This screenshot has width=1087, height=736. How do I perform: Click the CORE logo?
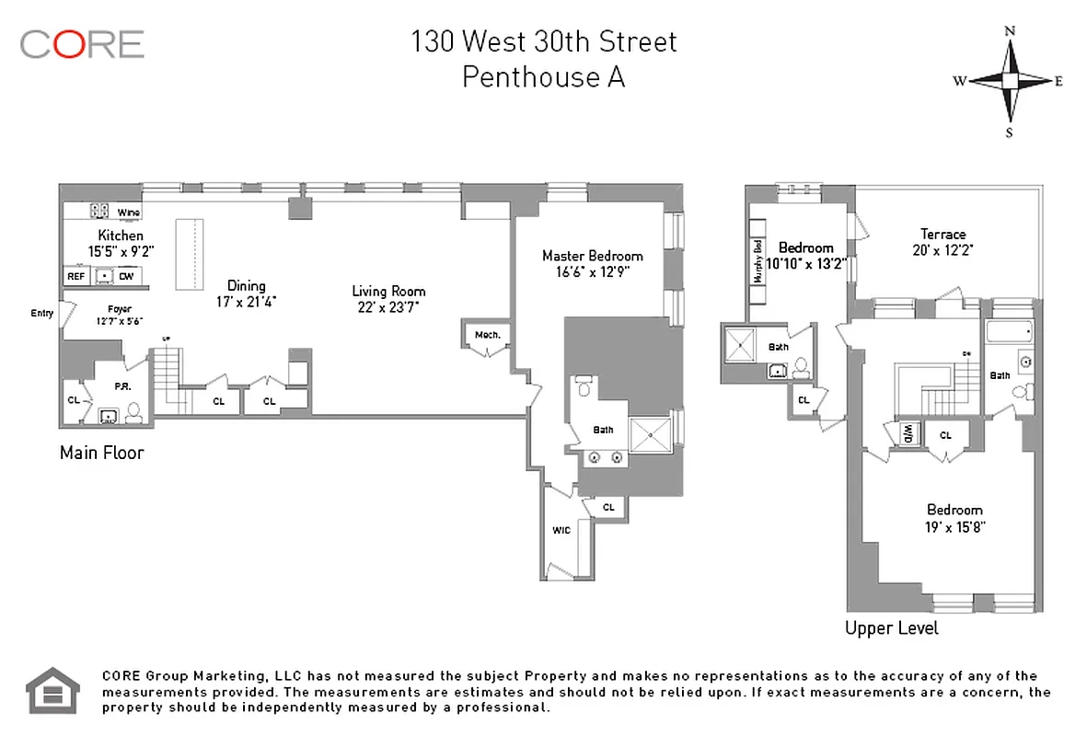coord(82,43)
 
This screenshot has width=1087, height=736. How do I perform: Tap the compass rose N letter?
coord(1010,30)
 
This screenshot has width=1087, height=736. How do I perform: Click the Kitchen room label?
coord(121,236)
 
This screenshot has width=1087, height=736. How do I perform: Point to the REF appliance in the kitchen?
coord(75,275)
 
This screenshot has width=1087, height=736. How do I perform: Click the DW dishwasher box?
coord(126,275)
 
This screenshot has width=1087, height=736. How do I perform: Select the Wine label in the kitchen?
coord(128,213)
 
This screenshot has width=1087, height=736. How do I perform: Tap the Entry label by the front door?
coord(41,314)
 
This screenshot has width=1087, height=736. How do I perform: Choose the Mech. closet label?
coord(487,335)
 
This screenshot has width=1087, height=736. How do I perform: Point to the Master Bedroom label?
coord(592,256)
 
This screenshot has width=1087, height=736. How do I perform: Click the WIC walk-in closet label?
coord(561,531)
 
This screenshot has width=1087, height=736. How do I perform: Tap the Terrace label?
coord(943,234)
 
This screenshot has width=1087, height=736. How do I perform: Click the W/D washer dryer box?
coord(907,432)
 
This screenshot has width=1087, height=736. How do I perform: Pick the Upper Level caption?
coord(892,628)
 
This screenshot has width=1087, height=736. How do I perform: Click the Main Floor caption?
coord(101,453)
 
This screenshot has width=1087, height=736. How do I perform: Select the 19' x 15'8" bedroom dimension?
coord(954,528)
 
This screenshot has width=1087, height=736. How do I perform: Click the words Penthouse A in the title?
coord(543,77)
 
